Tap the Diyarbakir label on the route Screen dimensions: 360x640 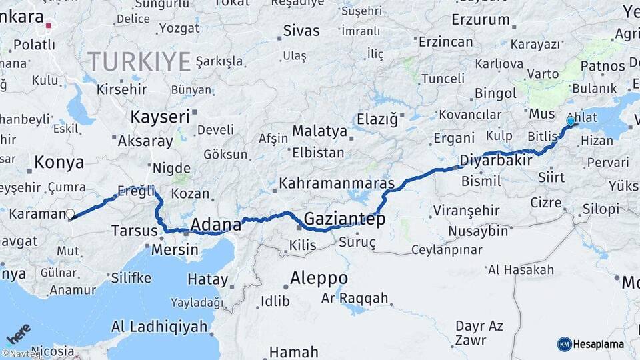(x=496, y=161)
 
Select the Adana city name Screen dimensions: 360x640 (x=216, y=225)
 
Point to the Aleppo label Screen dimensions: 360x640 (x=319, y=277)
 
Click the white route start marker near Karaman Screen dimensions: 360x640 (x=70, y=214)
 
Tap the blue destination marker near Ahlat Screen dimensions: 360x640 (x=571, y=122)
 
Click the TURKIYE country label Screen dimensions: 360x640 (x=139, y=62)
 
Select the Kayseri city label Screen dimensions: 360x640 (x=160, y=117)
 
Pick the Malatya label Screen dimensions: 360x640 (x=319, y=131)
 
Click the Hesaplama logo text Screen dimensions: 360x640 (x=598, y=344)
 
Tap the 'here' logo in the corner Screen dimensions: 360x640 (x=19, y=333)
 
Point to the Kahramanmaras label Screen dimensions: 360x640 (x=337, y=182)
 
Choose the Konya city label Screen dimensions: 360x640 (x=59, y=162)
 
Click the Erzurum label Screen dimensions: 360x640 (x=480, y=20)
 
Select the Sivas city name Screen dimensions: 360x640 (x=301, y=30)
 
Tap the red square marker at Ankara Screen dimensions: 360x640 (x=49, y=27)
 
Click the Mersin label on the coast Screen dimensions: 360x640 (x=175, y=250)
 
